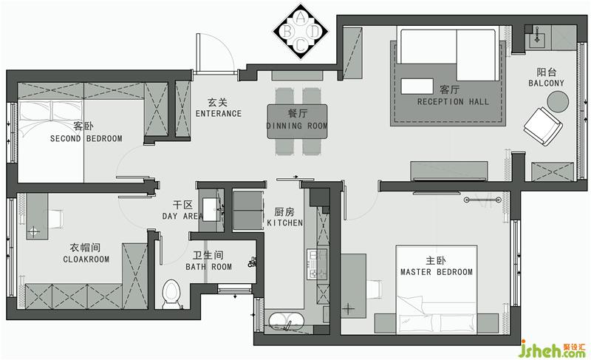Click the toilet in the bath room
coord(171,294)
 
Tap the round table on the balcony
coord(558,101)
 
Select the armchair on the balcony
coord(543,126)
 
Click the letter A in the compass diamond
coord(301,18)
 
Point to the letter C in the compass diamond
coord(301,45)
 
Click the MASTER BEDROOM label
coord(437,272)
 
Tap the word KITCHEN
coord(284,223)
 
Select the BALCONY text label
coord(546,83)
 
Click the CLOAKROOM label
coord(86,259)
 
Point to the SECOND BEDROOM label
coord(86,138)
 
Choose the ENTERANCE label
coord(219,113)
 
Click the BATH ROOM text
coord(208,267)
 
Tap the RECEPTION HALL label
coord(453,101)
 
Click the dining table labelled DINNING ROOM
coord(298,121)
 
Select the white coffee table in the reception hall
coord(417,86)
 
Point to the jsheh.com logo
coord(553,350)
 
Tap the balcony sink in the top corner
coord(537,38)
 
